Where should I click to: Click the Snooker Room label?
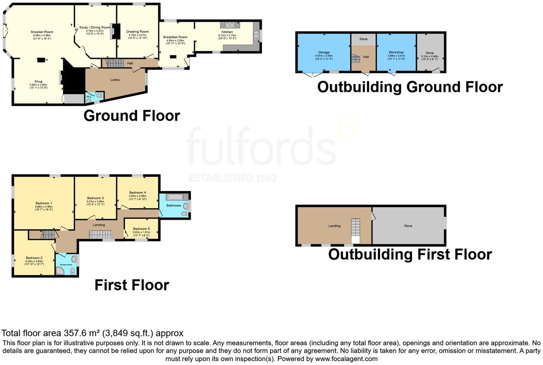42,32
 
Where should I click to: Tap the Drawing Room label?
138,31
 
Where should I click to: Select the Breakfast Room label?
175,37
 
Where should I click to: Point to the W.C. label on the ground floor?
89,97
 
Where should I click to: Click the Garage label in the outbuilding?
324,53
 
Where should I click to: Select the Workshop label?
396,52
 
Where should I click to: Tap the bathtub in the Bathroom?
175,197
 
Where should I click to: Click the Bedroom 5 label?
141,229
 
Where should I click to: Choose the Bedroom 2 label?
34,258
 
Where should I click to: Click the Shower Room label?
66,265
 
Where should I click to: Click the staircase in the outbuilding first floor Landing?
356,231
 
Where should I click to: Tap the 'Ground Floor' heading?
131,116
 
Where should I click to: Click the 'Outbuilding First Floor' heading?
410,254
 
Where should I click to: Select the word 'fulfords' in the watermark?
261,147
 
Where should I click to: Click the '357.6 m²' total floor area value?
82,333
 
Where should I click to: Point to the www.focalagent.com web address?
346,359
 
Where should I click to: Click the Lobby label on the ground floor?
115,80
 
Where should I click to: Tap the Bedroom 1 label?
44,203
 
